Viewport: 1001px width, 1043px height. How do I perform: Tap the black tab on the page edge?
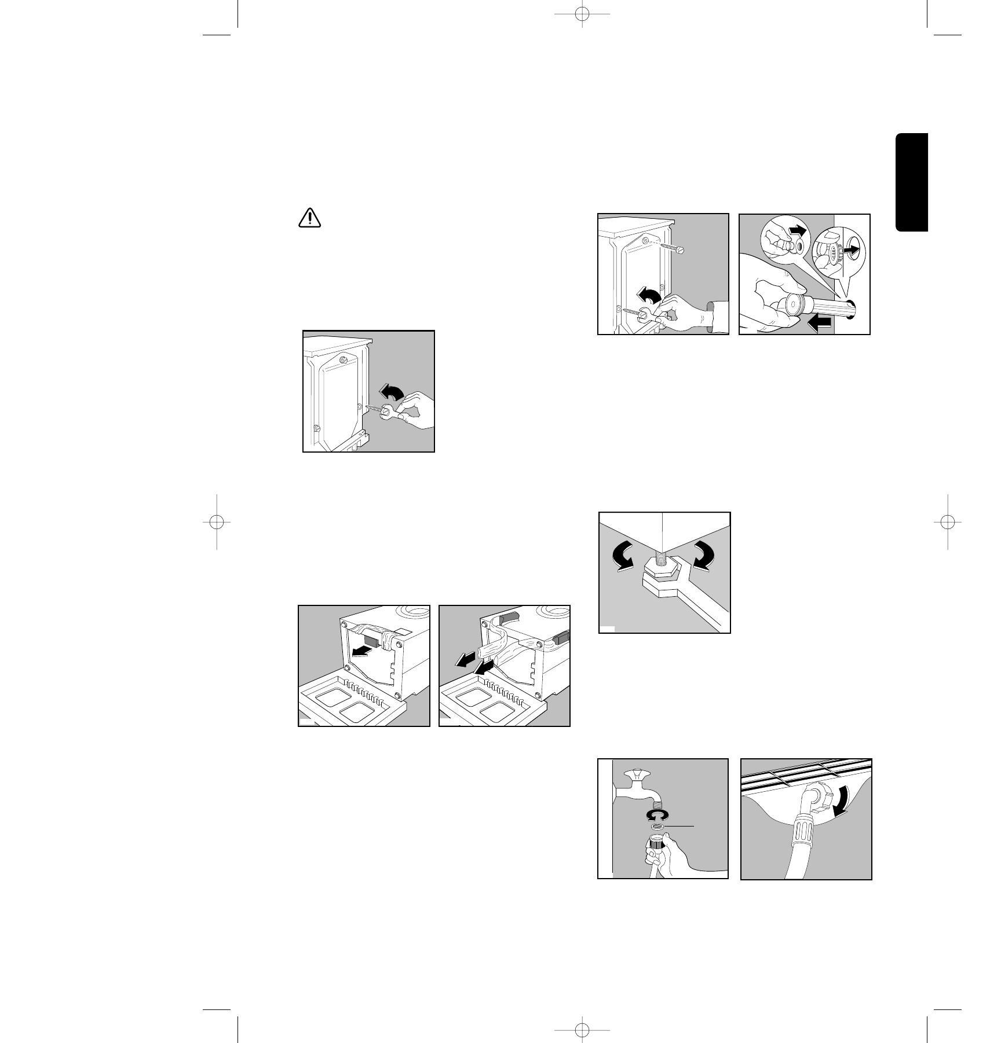tap(912, 183)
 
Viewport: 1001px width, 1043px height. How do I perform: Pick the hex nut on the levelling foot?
tap(660, 570)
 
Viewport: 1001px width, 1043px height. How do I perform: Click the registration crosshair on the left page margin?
tap(217, 521)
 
